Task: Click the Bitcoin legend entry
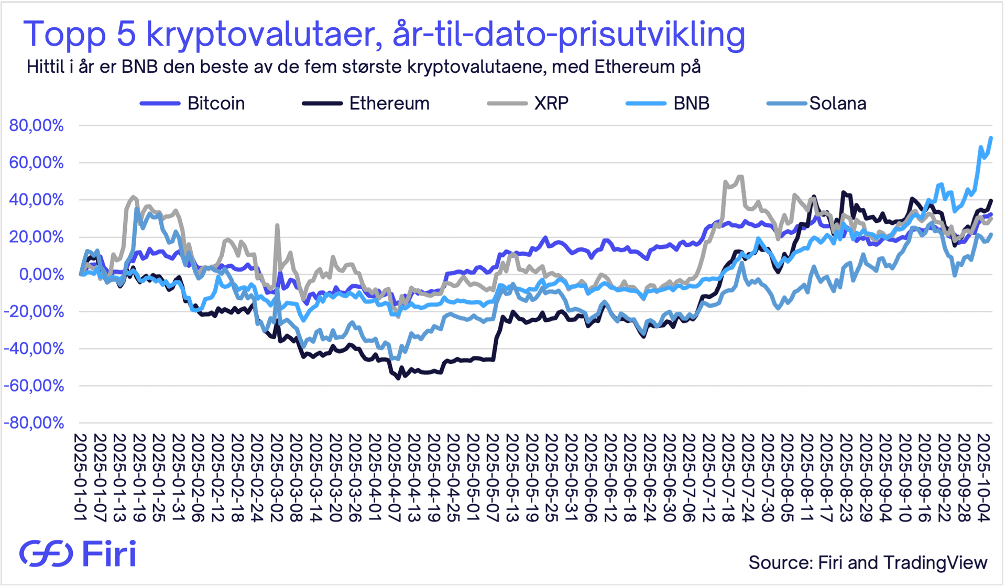215,103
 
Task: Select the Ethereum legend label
389,103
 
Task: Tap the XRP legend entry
551,103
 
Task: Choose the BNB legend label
691,103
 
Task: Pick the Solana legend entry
837,103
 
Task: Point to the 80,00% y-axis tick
36,126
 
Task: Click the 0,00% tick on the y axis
41,274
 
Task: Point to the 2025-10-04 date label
983,477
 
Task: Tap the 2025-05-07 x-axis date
492,477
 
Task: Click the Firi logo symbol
46,553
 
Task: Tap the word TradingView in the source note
935,562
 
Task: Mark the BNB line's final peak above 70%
991,138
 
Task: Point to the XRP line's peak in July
740,177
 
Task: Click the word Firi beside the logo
109,553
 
